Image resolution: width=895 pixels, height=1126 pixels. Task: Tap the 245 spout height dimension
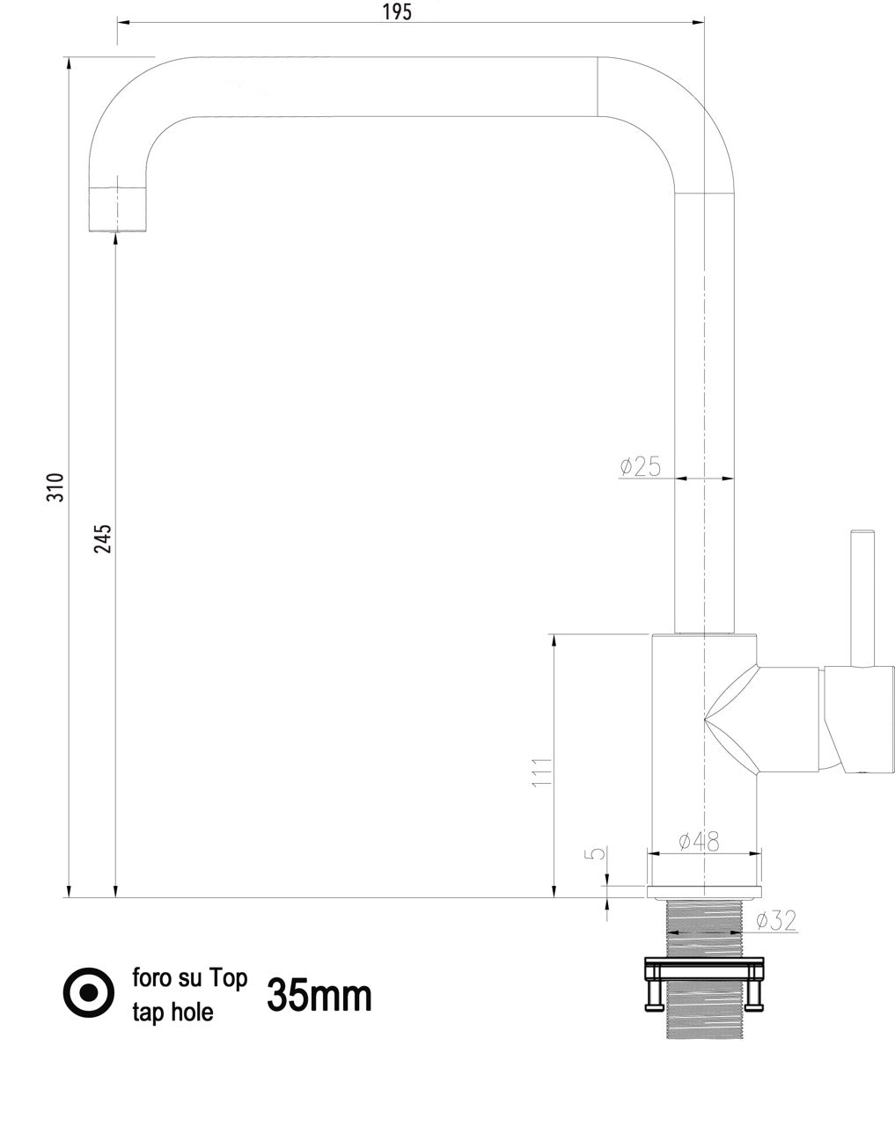click(103, 538)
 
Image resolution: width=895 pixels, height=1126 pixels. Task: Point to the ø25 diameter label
click(640, 466)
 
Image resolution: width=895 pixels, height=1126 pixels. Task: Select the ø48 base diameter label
click(699, 842)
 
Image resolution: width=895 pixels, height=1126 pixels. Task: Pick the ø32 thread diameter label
click(776, 920)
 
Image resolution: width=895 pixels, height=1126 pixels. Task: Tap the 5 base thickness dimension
click(597, 854)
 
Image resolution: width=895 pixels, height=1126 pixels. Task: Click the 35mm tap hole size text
click(319, 995)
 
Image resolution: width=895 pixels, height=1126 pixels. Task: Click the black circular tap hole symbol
click(89, 992)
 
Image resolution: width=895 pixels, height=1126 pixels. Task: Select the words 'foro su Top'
click(189, 977)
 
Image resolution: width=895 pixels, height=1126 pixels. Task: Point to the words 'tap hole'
click(172, 1012)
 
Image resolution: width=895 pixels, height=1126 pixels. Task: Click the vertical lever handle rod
click(860, 598)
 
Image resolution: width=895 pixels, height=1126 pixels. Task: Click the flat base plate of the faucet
click(704, 892)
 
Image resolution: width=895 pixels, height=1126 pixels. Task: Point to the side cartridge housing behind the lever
click(859, 719)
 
